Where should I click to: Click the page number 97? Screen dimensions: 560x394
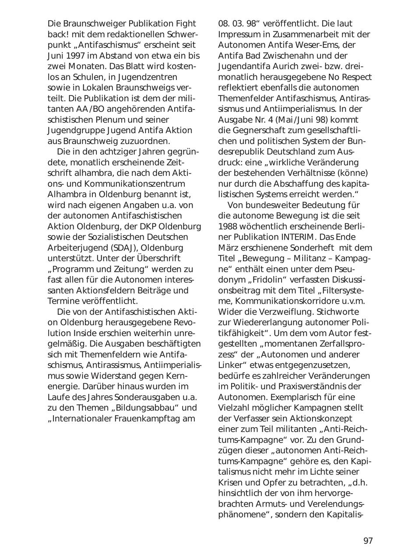point(368,541)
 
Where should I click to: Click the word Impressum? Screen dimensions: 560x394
point(240,34)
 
